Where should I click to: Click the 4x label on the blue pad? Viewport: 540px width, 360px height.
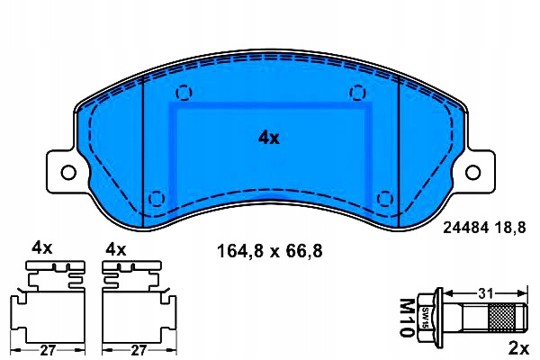point(269,138)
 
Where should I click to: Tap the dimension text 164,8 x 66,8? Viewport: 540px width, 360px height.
point(267,251)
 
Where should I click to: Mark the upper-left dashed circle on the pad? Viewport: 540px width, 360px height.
point(184,92)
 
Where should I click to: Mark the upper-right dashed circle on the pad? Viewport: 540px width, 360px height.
point(357,92)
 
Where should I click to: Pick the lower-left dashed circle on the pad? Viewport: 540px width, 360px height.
point(157,198)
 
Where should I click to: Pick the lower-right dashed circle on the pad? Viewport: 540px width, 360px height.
point(384,198)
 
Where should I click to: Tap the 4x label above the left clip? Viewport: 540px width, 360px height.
point(42,247)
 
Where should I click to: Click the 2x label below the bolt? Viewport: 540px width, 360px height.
point(517,346)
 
